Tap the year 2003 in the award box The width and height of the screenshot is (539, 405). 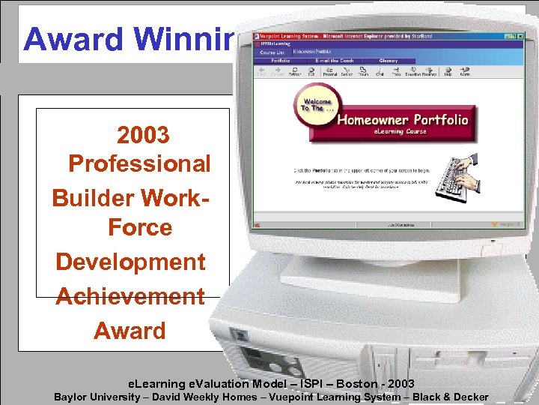[x=143, y=136]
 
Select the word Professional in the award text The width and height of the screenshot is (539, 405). [x=139, y=163]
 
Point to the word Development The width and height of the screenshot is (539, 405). [x=130, y=262]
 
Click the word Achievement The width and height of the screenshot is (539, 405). [x=130, y=296]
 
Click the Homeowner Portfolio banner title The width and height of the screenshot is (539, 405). [x=402, y=119]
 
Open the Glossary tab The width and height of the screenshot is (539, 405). [x=389, y=61]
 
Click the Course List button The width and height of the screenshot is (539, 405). [x=272, y=52]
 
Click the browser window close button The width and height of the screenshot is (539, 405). [x=520, y=37]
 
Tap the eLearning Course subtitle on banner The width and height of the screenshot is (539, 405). [x=401, y=132]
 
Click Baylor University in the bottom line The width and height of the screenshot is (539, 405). [x=97, y=397]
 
